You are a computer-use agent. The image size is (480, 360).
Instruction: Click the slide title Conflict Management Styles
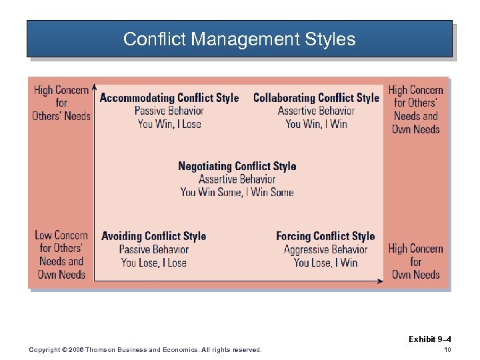pyautogui.click(x=239, y=39)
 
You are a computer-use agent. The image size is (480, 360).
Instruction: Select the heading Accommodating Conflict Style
pyautogui.click(x=169, y=98)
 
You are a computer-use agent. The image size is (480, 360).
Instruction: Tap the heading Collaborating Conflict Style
pyautogui.click(x=316, y=98)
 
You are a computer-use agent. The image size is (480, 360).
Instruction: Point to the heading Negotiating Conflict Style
pyautogui.click(x=237, y=166)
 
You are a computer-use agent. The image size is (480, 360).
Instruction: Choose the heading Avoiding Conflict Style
pyautogui.click(x=154, y=236)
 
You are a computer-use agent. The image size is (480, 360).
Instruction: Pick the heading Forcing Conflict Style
pyautogui.click(x=325, y=236)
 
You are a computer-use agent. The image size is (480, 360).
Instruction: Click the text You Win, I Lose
pyautogui.click(x=169, y=124)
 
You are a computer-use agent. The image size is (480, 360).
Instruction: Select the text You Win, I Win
pyautogui.click(x=316, y=124)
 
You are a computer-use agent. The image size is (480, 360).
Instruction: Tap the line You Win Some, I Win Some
pyautogui.click(x=237, y=192)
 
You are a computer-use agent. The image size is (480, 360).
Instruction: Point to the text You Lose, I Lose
pyautogui.click(x=154, y=262)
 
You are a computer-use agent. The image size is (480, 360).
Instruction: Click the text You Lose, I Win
pyautogui.click(x=325, y=262)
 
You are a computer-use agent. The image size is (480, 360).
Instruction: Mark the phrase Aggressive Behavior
pyautogui.click(x=325, y=249)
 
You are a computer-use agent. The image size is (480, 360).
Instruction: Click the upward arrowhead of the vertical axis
pyautogui.click(x=95, y=87)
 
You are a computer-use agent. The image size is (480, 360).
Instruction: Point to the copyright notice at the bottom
pyautogui.click(x=145, y=350)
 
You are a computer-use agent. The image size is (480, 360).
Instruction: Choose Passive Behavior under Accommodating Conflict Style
pyautogui.click(x=169, y=111)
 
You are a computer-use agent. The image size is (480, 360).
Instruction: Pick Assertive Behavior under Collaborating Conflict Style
pyautogui.click(x=316, y=111)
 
